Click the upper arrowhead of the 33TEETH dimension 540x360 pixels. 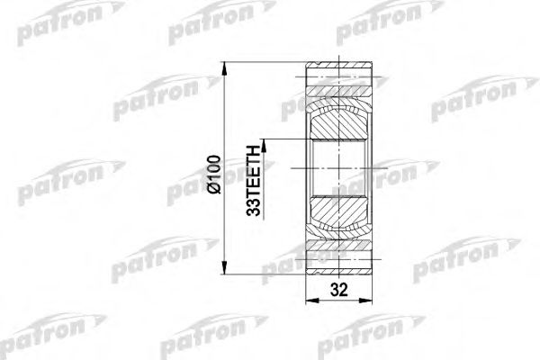pos(266,142)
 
